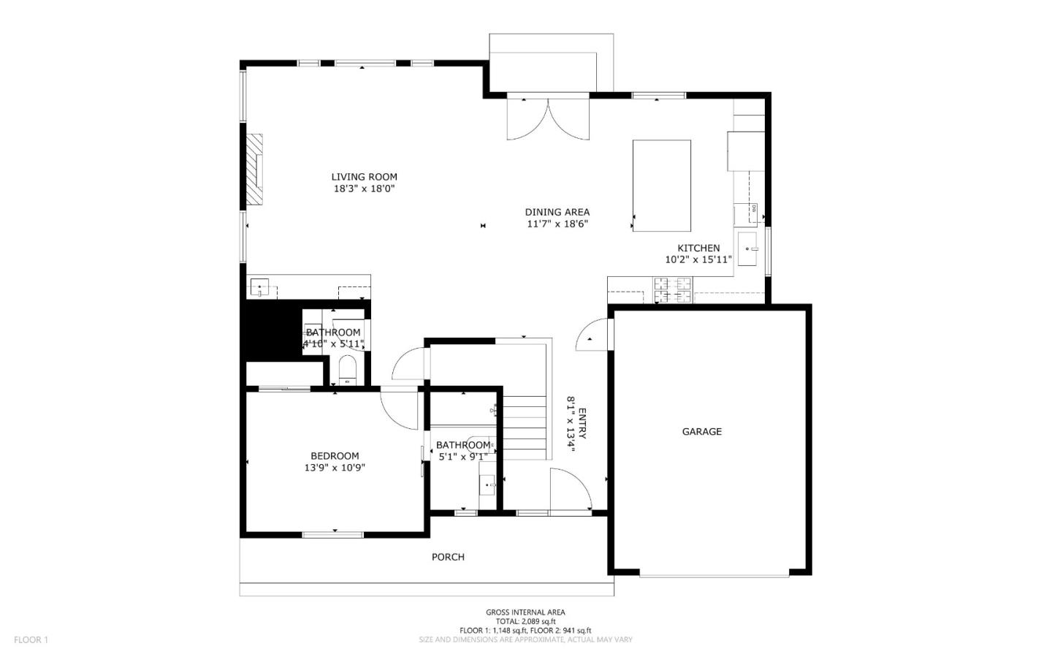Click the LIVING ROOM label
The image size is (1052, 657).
(x=364, y=176)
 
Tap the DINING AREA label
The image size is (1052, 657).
(x=557, y=212)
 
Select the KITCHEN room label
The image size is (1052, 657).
(x=698, y=248)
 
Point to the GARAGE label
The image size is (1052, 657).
(x=701, y=431)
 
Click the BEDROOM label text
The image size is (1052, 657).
(x=335, y=455)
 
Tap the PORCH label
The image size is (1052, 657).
(x=448, y=556)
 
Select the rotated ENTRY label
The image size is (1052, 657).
(x=582, y=423)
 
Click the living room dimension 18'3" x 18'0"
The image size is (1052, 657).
(x=364, y=189)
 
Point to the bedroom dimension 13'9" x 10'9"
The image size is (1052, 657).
(x=335, y=468)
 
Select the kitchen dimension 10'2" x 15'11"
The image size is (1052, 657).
(x=698, y=259)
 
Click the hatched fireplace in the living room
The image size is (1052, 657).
(x=254, y=169)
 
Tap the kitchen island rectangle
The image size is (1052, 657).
(x=661, y=186)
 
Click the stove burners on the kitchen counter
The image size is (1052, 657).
(x=672, y=289)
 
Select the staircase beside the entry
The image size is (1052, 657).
(x=525, y=428)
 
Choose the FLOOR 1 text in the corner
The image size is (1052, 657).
(x=31, y=639)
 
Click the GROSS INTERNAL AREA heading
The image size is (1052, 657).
(x=525, y=612)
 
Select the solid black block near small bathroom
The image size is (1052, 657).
(x=271, y=330)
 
